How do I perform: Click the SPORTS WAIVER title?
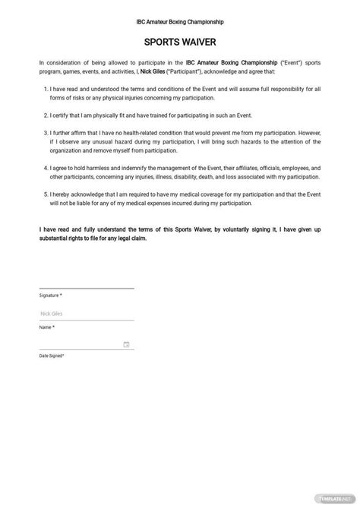coord(180,43)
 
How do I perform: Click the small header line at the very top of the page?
coord(180,23)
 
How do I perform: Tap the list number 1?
coord(48,87)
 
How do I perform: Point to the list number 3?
coord(48,131)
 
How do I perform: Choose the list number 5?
coord(48,193)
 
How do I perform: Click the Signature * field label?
coord(50,295)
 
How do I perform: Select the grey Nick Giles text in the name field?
coord(52,313)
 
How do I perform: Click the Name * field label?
coord(46,327)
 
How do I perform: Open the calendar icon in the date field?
coord(126,344)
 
